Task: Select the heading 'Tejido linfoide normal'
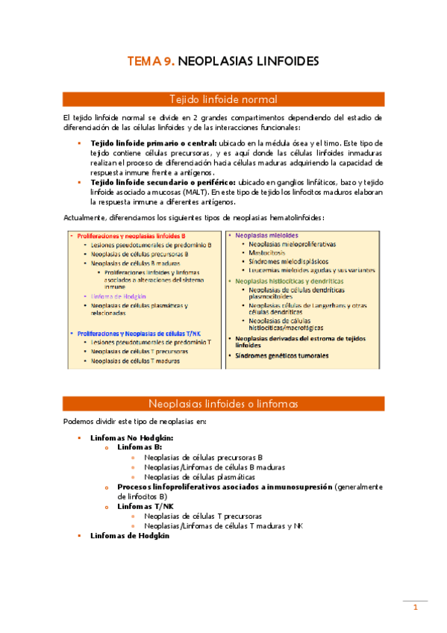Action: point(223,99)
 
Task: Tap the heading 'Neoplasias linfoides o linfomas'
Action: point(223,404)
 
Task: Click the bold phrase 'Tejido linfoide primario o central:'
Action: point(154,143)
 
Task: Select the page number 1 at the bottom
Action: point(415,608)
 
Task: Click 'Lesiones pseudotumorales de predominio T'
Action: point(147,341)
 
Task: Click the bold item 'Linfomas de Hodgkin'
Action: point(130,535)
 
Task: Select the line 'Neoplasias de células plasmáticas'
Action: point(200,476)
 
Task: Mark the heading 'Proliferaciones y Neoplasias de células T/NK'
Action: point(145,332)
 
